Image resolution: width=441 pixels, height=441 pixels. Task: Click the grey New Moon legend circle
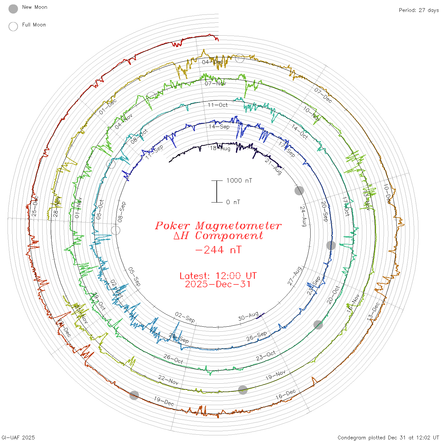pyautogui.click(x=13, y=9)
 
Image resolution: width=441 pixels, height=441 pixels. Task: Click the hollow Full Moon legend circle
pyautogui.click(x=13, y=26)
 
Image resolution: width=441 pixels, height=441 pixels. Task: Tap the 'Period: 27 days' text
pyautogui.click(x=419, y=10)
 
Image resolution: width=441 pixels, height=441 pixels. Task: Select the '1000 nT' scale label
pyautogui.click(x=239, y=180)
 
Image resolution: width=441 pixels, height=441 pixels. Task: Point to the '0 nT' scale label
pyautogui.click(x=233, y=202)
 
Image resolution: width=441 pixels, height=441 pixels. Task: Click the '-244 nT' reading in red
pyautogui.click(x=218, y=250)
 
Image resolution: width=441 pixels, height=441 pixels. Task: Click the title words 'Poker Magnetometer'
pyautogui.click(x=218, y=226)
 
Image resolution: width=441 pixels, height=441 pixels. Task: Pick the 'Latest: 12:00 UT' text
pyautogui.click(x=218, y=276)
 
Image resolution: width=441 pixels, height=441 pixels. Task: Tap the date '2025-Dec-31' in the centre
pyautogui.click(x=218, y=284)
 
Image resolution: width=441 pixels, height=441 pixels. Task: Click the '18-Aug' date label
pyautogui.click(x=220, y=148)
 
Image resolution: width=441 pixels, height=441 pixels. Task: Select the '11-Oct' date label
pyautogui.click(x=218, y=105)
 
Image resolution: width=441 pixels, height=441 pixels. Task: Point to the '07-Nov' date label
pyautogui.click(x=215, y=83)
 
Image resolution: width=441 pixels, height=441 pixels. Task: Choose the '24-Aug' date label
pyautogui.click(x=303, y=216)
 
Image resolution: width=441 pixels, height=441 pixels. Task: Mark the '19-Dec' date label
pyautogui.click(x=164, y=401)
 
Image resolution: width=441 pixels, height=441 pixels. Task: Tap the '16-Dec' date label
pyautogui.click(x=286, y=394)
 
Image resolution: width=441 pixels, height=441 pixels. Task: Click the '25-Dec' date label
pyautogui.click(x=35, y=206)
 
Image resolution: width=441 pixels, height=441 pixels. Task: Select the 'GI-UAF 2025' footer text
pyautogui.click(x=18, y=438)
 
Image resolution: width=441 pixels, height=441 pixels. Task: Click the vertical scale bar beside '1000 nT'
pyautogui.click(x=217, y=191)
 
